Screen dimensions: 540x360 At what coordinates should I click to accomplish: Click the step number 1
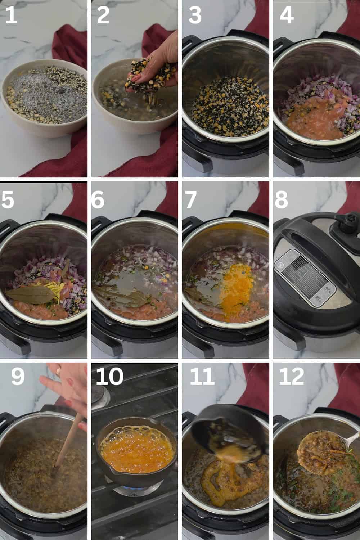coord(12,16)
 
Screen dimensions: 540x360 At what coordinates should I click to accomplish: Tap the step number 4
coord(286,16)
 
